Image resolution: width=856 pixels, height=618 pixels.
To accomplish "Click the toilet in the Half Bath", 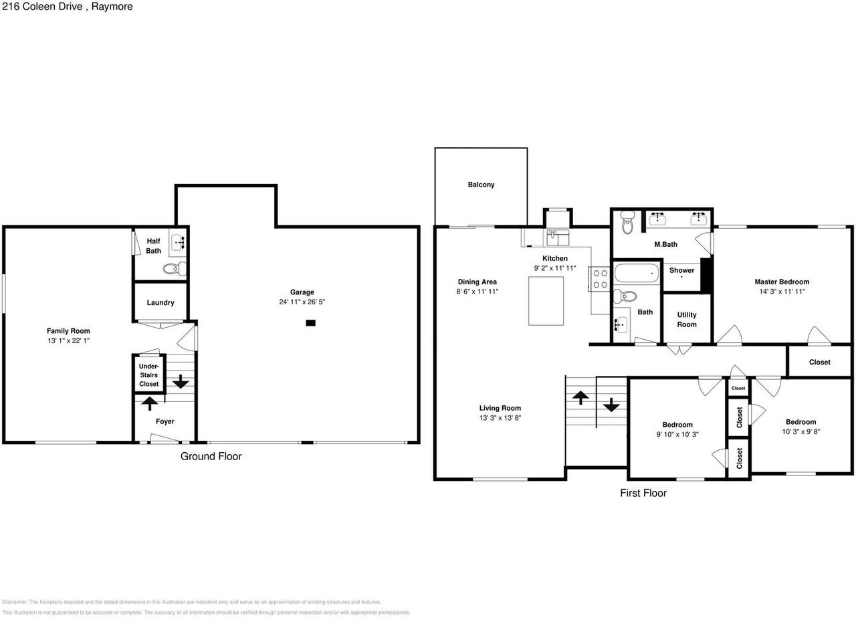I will [x=173, y=269].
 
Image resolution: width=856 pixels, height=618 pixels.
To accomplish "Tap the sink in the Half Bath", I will [x=177, y=241].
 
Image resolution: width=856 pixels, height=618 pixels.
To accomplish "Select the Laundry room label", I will [x=160, y=303].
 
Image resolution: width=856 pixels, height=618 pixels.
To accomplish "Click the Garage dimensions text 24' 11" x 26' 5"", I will [x=302, y=302].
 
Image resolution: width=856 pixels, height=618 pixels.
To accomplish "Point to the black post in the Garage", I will [x=310, y=323].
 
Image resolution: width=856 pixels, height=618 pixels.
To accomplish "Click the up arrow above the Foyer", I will [x=149, y=403].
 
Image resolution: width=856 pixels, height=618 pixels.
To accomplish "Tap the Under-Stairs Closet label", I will [x=148, y=375].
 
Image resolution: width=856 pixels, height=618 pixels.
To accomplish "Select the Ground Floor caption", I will [x=211, y=456].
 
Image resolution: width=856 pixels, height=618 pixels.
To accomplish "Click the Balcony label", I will [x=481, y=185].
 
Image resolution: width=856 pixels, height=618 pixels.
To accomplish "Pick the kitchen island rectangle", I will [x=546, y=300].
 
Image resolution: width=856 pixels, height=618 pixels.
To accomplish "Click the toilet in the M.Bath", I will [x=627, y=222].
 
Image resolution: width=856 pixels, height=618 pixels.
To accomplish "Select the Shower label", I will [x=681, y=270].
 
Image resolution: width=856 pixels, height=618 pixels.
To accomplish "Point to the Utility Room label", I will [x=687, y=320].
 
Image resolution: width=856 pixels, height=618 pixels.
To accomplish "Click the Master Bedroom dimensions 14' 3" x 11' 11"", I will [x=782, y=292].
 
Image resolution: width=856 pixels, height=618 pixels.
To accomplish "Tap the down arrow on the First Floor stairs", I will [x=611, y=405].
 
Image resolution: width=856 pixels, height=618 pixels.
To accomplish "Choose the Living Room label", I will [x=500, y=408].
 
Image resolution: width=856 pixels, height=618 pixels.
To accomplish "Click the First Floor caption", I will [x=643, y=493].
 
